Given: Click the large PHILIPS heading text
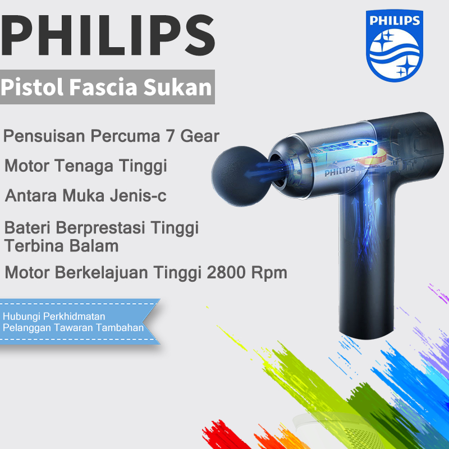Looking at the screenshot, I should [x=108, y=34].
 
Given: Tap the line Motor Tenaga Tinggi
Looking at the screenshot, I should [x=86, y=166].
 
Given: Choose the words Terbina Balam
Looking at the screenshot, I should [x=61, y=245].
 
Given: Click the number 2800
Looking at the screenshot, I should [x=229, y=273].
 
